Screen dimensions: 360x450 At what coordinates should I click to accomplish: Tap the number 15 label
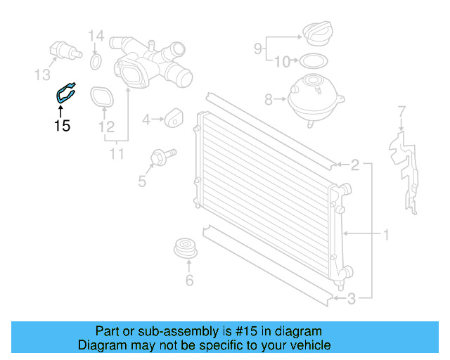[62, 127]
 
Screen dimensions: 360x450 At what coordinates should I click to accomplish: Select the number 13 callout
[44, 74]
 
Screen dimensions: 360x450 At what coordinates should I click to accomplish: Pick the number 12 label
[106, 127]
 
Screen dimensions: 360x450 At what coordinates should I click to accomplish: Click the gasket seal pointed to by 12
[102, 97]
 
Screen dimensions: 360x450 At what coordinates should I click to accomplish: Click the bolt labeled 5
[162, 156]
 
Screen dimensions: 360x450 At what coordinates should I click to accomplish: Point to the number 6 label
[188, 282]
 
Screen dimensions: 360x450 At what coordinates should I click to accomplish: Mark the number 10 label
[280, 62]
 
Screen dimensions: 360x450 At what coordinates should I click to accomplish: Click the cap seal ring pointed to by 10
[314, 60]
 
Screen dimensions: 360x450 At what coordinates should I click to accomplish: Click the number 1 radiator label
[386, 234]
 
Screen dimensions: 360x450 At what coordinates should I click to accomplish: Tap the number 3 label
[352, 299]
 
